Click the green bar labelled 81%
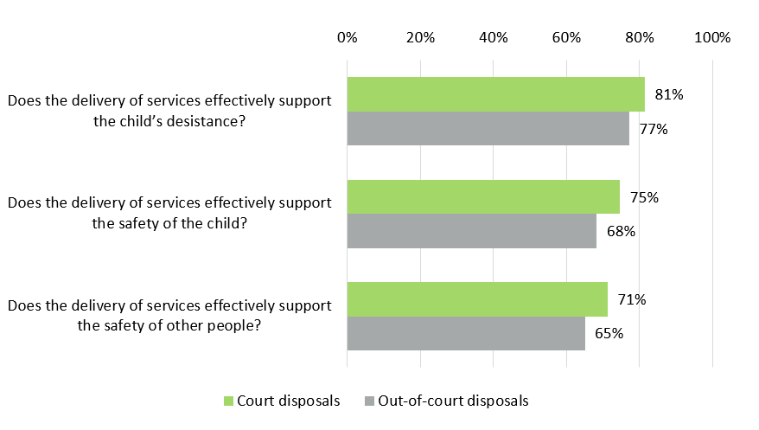(x=495, y=94)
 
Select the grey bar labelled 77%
(x=488, y=128)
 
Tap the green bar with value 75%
(x=483, y=196)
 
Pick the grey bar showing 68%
(x=471, y=231)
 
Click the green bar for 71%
(x=476, y=299)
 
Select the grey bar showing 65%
(x=466, y=333)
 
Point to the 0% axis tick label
(x=347, y=37)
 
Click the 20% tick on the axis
(x=420, y=37)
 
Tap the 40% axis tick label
(x=493, y=37)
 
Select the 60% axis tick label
(x=566, y=37)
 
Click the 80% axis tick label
(x=640, y=37)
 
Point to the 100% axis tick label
(x=712, y=37)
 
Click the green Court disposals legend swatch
(x=229, y=401)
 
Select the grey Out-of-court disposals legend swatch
(x=370, y=401)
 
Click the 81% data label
(x=669, y=95)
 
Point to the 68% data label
(x=621, y=231)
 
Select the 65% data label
(x=609, y=333)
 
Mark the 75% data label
(x=644, y=197)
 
